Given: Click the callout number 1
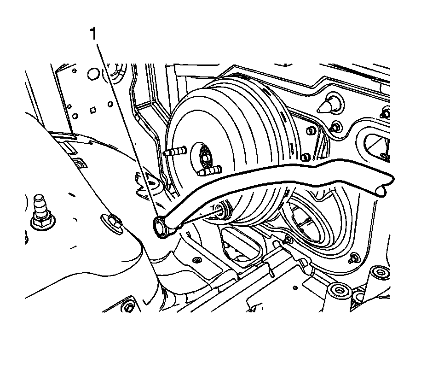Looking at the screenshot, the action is click(93, 34).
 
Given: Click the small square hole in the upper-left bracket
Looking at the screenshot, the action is click(93, 110).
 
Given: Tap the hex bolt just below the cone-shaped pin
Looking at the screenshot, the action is click(336, 126).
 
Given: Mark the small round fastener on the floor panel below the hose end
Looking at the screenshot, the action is click(196, 260).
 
